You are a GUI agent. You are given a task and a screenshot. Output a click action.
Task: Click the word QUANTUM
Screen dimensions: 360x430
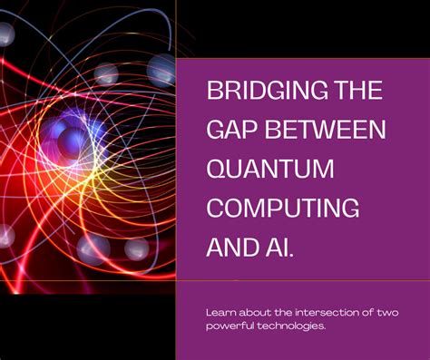(x=268, y=168)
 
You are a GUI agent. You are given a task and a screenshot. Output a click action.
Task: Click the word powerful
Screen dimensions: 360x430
(x=228, y=326)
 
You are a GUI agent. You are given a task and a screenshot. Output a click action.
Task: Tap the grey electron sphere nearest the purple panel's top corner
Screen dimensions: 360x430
(x=161, y=67)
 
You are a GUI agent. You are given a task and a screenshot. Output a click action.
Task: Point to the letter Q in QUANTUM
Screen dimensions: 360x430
(x=218, y=168)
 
